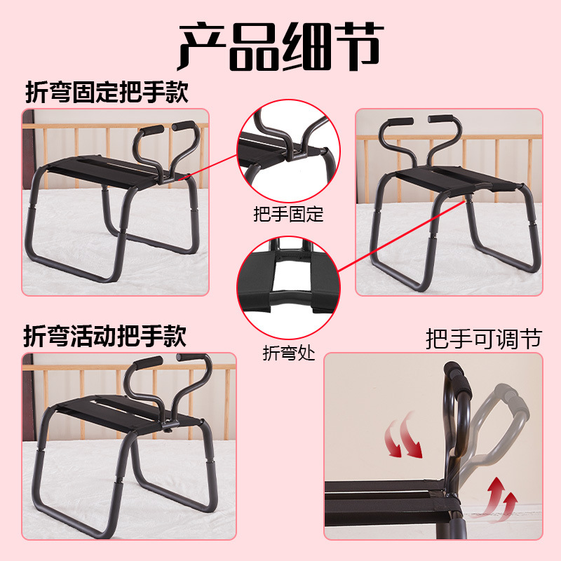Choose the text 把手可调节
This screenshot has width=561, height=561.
[x=484, y=340]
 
